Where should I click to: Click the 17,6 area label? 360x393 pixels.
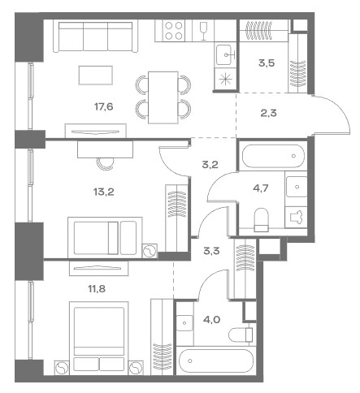[x=103, y=107]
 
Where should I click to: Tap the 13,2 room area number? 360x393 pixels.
[x=103, y=192]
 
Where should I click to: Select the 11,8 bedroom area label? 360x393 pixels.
[x=97, y=289]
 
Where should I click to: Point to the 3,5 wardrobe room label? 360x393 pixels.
[x=267, y=63]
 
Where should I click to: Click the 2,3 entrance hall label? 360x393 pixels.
[x=268, y=113]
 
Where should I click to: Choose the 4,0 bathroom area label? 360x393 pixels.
[x=211, y=320]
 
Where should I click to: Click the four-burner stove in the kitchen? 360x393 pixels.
[x=174, y=31]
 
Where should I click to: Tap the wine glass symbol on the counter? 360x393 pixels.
[x=203, y=31]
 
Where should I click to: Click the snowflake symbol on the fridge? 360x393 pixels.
[x=224, y=80]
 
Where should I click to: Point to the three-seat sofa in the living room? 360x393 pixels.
[x=95, y=37]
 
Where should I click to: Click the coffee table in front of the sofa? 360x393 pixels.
[x=96, y=76]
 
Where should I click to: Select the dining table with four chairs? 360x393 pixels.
[x=163, y=97]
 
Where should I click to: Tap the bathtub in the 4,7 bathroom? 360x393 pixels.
[x=273, y=156]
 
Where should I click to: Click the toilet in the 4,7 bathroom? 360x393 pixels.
[x=261, y=220]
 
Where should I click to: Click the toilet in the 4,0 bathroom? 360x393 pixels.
[x=241, y=335]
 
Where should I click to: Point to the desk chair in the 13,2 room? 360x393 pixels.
[x=105, y=164]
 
